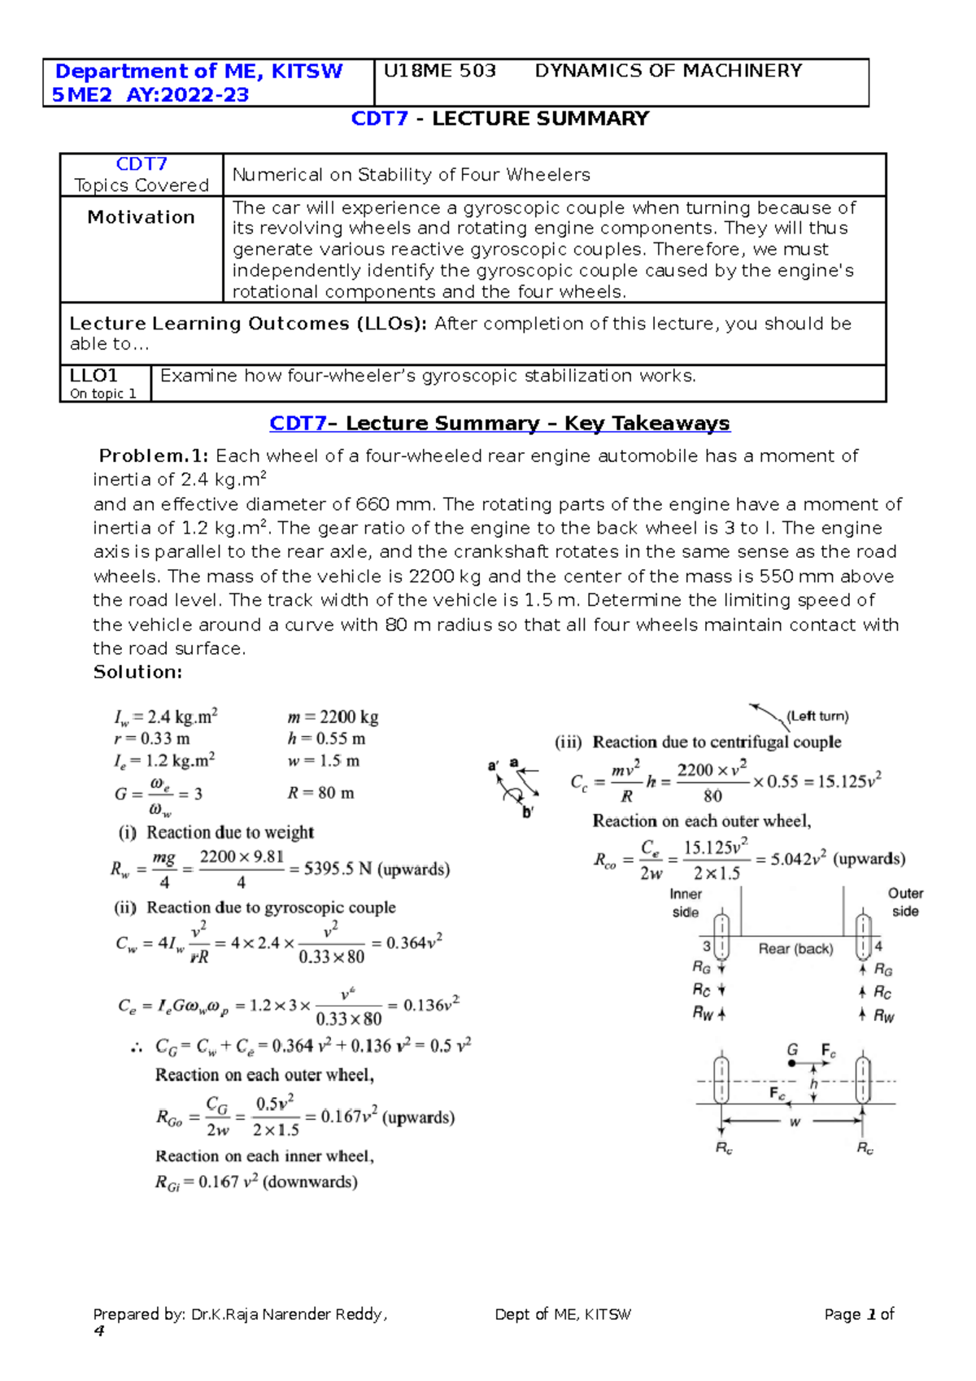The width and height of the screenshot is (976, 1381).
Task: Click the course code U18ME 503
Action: tap(439, 71)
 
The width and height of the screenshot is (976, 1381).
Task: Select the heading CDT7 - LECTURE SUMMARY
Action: tap(499, 119)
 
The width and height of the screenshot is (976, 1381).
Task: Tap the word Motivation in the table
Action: tap(141, 217)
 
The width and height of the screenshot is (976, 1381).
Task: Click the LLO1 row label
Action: tap(94, 376)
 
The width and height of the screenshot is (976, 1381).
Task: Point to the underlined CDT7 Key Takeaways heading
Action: tap(499, 424)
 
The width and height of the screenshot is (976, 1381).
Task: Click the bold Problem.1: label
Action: tap(154, 456)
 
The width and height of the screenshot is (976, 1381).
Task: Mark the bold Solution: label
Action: tap(137, 672)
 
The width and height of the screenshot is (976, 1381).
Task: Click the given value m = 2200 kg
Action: tap(333, 717)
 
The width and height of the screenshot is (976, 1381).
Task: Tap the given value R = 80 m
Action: tap(320, 793)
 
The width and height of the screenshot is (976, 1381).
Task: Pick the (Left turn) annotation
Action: tap(817, 717)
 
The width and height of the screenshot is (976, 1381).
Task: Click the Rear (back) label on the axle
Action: tap(795, 949)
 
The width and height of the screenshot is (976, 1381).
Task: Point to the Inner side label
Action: tap(685, 903)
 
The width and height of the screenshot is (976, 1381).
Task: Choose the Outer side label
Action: tap(904, 902)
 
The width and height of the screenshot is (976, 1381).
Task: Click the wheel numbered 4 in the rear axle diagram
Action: tap(864, 938)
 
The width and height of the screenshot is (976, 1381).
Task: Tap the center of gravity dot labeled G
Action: tap(792, 1063)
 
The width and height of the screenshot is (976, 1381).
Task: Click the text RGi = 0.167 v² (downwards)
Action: tap(256, 1182)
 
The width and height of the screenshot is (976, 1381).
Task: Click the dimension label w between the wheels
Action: tap(795, 1122)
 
